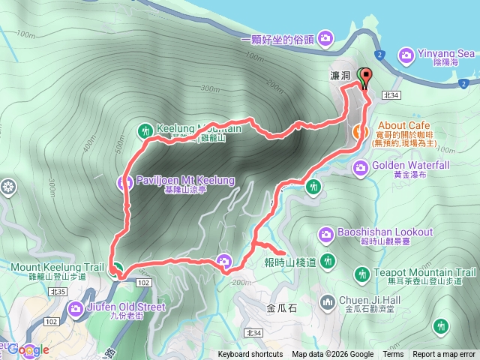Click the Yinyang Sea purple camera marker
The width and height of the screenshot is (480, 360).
pos(406,55)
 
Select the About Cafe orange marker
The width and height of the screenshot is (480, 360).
pos(359,133)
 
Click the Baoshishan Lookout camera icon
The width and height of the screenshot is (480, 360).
pos(325,234)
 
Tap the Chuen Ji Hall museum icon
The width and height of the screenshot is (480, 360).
pos(327,301)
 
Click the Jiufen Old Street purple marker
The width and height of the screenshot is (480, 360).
pos(76,307)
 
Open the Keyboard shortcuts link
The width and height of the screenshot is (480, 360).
pos(250,355)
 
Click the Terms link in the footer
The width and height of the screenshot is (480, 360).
pos(393,355)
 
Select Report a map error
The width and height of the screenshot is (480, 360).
pos(444,355)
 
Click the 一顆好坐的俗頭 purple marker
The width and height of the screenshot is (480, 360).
pos(325,37)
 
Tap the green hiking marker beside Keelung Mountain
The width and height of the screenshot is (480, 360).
pos(145,130)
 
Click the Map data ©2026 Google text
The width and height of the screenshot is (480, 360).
pos(333,355)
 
